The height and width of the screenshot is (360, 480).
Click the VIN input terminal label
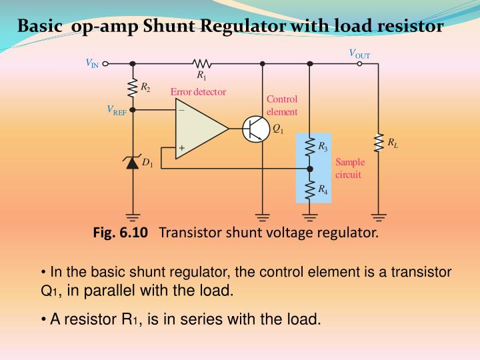[91, 63]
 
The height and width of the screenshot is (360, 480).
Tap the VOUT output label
[359, 54]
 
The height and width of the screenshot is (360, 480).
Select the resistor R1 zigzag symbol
[201, 64]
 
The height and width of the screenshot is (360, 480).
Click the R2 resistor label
[145, 88]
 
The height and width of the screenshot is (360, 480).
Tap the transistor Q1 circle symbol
[255, 129]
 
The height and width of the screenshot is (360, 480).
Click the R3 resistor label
[323, 145]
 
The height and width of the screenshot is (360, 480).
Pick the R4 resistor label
[323, 190]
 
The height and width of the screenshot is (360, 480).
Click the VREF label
[117, 110]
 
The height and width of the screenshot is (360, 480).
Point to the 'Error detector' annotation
[198, 92]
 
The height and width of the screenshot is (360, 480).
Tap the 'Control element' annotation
[282, 105]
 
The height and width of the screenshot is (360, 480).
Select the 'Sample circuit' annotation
[348, 168]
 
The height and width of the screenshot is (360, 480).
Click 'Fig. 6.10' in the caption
[121, 233]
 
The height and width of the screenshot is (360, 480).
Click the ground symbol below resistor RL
[379, 216]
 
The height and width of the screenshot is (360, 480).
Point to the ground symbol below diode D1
[133, 216]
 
